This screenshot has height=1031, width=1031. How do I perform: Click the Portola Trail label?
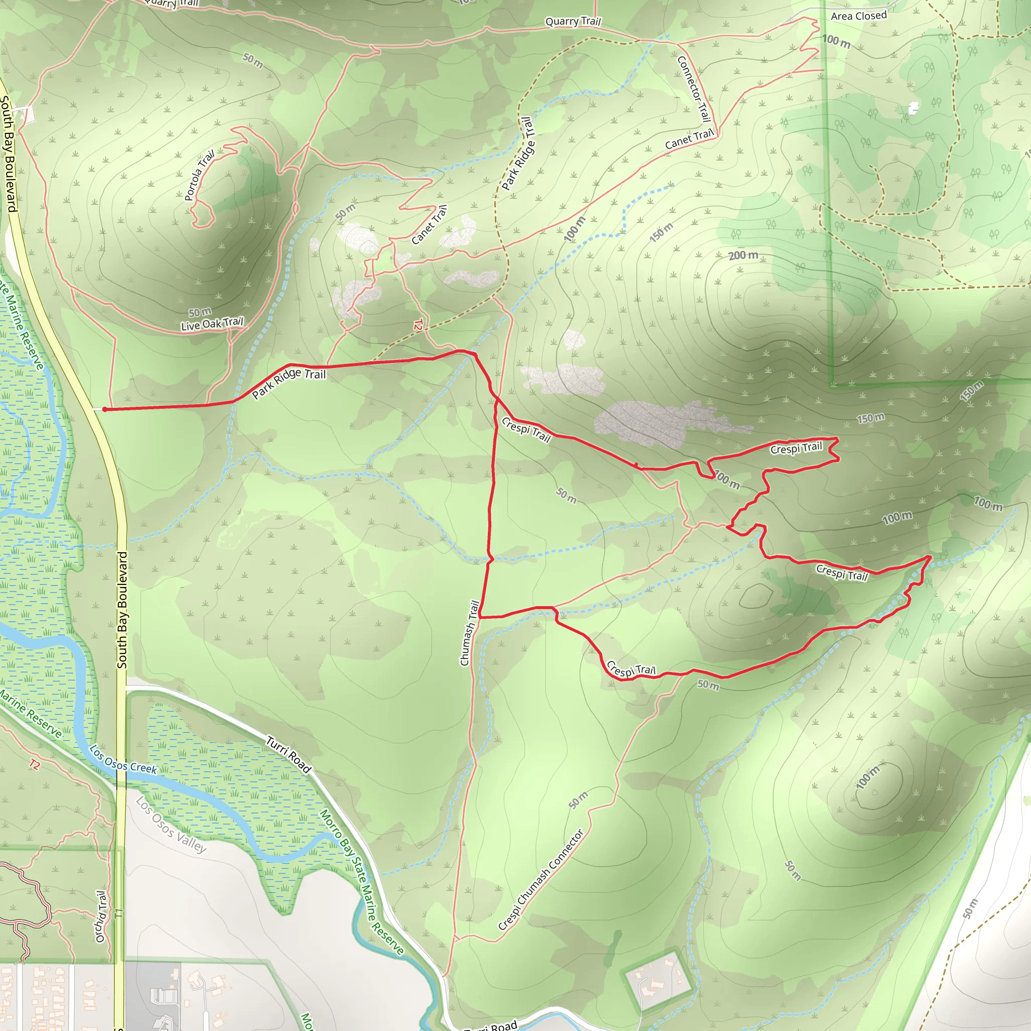coord(199,175)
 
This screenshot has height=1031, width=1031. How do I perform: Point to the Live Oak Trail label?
coord(212,323)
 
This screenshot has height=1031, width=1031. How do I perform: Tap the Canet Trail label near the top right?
coord(689,139)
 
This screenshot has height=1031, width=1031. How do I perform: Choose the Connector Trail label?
coord(694,88)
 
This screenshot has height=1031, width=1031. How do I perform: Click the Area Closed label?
coord(859,16)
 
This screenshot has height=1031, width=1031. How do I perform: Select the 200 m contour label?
coord(744,256)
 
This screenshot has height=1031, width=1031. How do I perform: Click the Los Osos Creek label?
coord(123,759)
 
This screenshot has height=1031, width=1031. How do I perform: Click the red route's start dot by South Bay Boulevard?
coord(105,409)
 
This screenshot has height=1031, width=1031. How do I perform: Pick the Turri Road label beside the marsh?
coord(288,755)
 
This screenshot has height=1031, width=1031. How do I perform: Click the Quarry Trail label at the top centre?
coord(572,21)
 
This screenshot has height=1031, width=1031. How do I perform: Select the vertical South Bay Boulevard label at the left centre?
coord(122,610)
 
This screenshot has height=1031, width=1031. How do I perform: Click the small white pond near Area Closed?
coord(914,108)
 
